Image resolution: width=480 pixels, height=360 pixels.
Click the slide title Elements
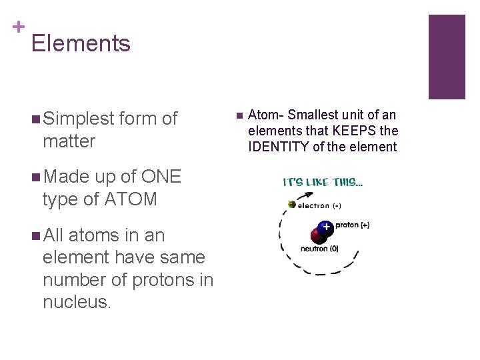(x=81, y=43)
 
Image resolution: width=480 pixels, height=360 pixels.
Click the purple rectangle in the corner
(x=446, y=57)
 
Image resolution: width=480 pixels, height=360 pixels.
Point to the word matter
(x=69, y=141)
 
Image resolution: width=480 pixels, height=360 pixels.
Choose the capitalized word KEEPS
(x=355, y=131)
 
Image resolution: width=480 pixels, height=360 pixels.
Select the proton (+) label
(x=353, y=225)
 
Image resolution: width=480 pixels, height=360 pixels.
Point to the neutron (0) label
(x=319, y=249)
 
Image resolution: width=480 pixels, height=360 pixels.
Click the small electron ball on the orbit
(x=292, y=205)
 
